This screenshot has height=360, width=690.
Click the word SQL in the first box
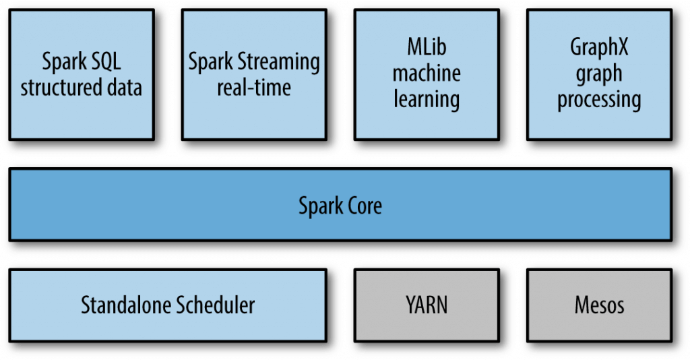tap(104, 63)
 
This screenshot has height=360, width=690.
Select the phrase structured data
tap(81, 88)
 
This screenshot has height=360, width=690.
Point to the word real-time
tap(254, 88)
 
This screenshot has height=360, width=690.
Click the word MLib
tap(427, 48)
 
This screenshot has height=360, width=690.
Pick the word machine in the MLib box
tap(427, 73)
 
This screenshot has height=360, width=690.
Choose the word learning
tap(427, 99)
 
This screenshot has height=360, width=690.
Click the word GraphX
tap(599, 48)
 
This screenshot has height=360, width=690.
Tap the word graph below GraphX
tap(599, 74)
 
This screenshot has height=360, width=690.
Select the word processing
tap(599, 99)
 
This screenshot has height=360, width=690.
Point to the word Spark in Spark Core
tap(319, 205)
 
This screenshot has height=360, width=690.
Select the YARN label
tap(427, 305)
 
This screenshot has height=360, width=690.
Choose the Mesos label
tap(599, 305)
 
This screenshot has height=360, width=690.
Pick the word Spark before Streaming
tap(208, 63)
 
